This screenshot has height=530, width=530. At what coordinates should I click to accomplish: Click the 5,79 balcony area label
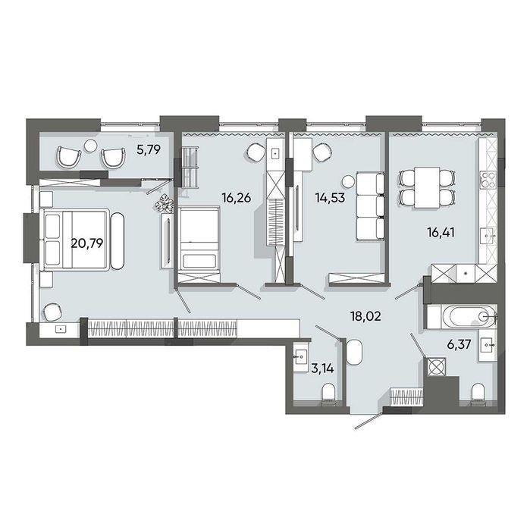149,149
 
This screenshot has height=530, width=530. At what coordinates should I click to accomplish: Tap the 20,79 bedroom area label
87,243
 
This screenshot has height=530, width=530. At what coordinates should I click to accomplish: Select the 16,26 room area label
237,197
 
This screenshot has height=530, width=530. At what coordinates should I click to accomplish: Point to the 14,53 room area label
330,197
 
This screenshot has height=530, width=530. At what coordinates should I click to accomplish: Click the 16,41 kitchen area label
441,233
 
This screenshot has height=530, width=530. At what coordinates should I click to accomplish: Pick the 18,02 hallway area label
365,316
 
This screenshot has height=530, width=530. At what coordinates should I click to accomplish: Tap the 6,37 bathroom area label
460,345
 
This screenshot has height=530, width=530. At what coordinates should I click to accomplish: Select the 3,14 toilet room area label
322,368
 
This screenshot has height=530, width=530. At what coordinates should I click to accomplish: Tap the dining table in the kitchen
427,187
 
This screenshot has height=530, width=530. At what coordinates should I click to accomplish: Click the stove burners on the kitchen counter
488,180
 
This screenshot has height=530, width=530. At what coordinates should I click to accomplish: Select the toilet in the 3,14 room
328,394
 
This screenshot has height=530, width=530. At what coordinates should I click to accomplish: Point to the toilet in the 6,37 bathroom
478,394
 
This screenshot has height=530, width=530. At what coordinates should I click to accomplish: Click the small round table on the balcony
90,146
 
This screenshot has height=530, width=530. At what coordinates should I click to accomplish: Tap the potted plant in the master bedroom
165,203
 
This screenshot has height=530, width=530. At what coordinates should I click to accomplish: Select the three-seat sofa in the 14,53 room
370,206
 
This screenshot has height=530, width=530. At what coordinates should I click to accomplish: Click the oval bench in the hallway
354,352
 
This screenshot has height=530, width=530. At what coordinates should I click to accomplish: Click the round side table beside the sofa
347,181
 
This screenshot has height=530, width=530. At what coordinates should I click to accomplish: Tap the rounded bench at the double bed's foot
118,240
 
